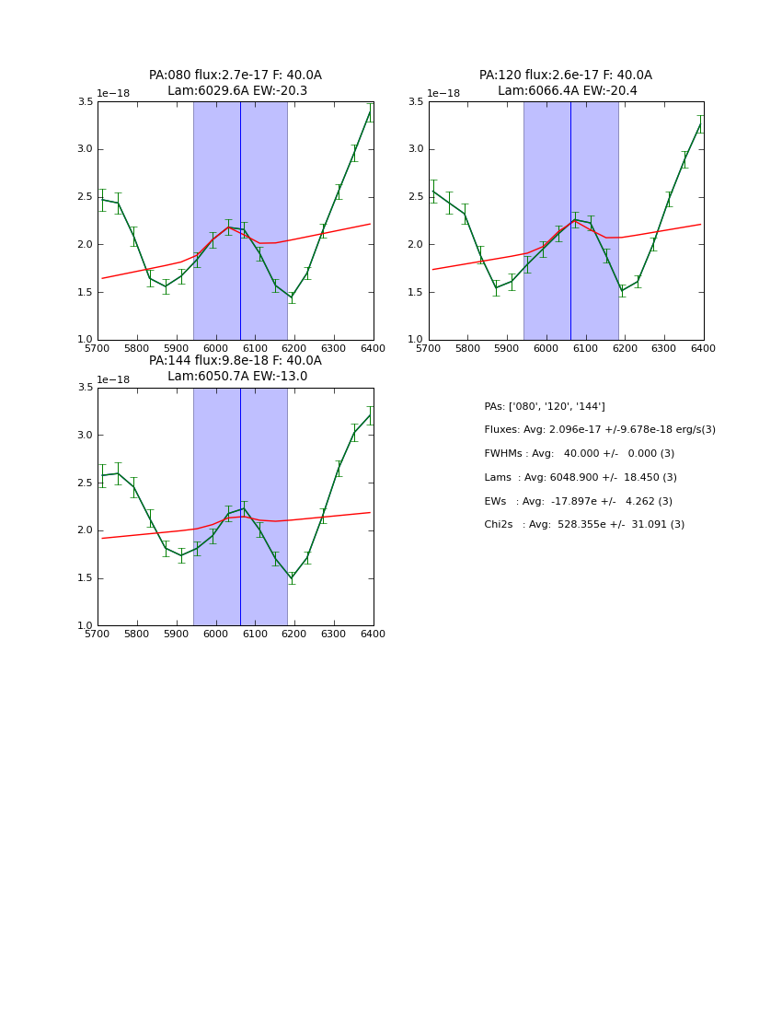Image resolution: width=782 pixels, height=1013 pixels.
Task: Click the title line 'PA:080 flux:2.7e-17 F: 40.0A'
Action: pos(236,76)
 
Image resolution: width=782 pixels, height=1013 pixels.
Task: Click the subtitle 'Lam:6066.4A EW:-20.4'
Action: pos(567,91)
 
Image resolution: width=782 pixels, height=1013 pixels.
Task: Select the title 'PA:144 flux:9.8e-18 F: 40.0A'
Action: pos(236,361)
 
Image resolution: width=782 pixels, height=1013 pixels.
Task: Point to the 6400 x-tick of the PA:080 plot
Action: pos(374,349)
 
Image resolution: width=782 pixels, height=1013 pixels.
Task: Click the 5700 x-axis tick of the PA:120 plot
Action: pos(429,349)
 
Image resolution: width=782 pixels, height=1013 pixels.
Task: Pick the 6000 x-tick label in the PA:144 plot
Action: pos(215,635)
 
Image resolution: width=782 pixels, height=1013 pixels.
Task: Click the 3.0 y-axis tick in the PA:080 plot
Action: pos(85,149)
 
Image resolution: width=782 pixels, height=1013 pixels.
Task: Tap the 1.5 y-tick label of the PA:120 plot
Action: pos(415,292)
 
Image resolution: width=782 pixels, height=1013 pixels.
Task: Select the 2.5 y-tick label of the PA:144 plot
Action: pos(85,483)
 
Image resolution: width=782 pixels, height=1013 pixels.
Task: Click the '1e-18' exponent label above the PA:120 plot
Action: pos(443,93)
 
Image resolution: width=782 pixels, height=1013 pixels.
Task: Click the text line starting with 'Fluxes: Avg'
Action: pos(600,430)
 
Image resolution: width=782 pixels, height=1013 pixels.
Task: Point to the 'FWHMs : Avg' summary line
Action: pos(580,454)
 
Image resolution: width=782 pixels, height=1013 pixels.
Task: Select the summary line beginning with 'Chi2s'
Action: pos(584,525)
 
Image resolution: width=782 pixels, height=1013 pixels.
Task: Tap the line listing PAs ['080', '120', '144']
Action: pos(545,407)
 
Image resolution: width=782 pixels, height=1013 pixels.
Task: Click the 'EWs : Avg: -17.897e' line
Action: pos(578,502)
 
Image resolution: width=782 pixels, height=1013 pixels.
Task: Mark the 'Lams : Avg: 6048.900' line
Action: pos(581,478)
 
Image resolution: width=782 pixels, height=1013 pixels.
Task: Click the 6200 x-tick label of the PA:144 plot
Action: pos(294,635)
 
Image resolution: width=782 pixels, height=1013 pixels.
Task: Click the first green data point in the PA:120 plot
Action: pos(433,191)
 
